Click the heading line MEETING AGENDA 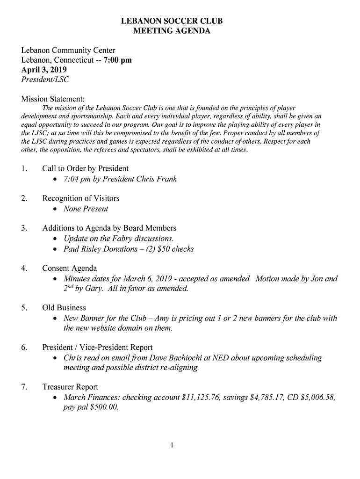(172, 31)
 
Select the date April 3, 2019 (44, 70)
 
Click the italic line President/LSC (45, 80)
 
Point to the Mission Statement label (53, 99)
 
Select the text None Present (86, 209)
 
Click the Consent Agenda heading (70, 269)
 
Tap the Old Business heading (64, 308)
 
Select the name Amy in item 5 (162, 318)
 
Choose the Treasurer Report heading (70, 387)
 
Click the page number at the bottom (172, 446)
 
